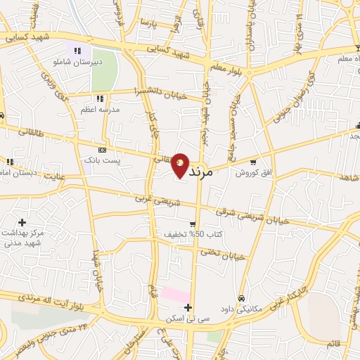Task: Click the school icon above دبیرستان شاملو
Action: (x=77, y=51)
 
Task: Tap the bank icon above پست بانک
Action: (x=103, y=150)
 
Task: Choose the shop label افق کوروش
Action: (x=251, y=172)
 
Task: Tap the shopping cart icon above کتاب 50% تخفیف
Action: (x=192, y=224)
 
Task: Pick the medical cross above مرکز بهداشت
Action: (x=22, y=221)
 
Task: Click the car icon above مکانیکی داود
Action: (x=241, y=297)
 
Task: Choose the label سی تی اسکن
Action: (x=176, y=319)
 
